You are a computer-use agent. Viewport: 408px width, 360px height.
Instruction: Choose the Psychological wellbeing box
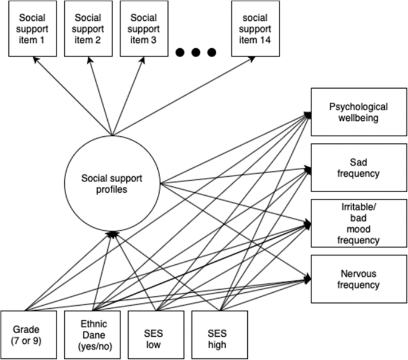pyautogui.click(x=359, y=112)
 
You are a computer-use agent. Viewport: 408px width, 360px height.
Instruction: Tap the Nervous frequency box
pyautogui.click(x=359, y=279)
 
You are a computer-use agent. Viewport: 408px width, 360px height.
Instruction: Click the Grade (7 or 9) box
pyautogui.click(x=28, y=333)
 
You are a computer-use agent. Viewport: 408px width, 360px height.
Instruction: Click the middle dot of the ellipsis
pyautogui.click(x=197, y=54)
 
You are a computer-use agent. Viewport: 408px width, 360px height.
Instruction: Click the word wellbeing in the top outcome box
pyautogui.click(x=359, y=118)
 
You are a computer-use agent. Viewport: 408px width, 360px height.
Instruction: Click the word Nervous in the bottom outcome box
pyautogui.click(x=359, y=274)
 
